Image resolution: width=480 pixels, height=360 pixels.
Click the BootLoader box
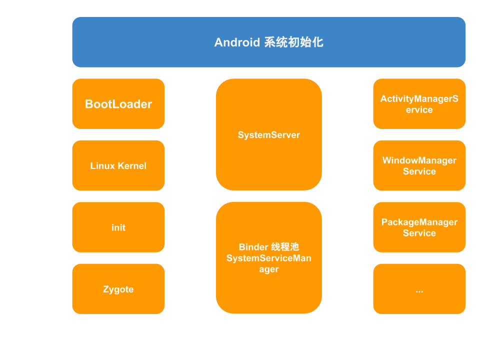click(x=118, y=104)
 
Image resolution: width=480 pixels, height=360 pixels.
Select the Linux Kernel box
click(x=118, y=165)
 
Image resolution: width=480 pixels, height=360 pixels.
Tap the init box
click(x=118, y=227)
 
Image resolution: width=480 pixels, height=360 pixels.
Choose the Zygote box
click(x=118, y=289)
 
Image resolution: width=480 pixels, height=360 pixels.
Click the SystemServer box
click(x=269, y=134)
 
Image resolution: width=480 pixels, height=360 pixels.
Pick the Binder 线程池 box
click(x=269, y=258)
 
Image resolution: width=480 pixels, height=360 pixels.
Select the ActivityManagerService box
click(x=419, y=104)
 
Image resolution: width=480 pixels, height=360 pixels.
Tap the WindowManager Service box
click(x=419, y=165)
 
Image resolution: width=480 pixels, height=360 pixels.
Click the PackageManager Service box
click(x=419, y=227)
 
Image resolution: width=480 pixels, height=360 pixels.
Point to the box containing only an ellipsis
click(x=419, y=289)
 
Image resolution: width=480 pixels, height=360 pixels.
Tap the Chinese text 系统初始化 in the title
click(x=293, y=42)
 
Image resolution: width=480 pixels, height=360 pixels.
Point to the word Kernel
click(x=132, y=166)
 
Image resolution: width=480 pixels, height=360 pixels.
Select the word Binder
click(x=253, y=247)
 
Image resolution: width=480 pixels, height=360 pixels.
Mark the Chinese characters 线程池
click(x=285, y=247)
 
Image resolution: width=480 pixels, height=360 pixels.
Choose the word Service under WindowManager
click(x=419, y=171)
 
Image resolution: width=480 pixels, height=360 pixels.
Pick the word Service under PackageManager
click(x=419, y=233)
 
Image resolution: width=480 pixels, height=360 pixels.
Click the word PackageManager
click(x=419, y=222)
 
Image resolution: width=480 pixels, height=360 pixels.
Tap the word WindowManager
click(x=419, y=160)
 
